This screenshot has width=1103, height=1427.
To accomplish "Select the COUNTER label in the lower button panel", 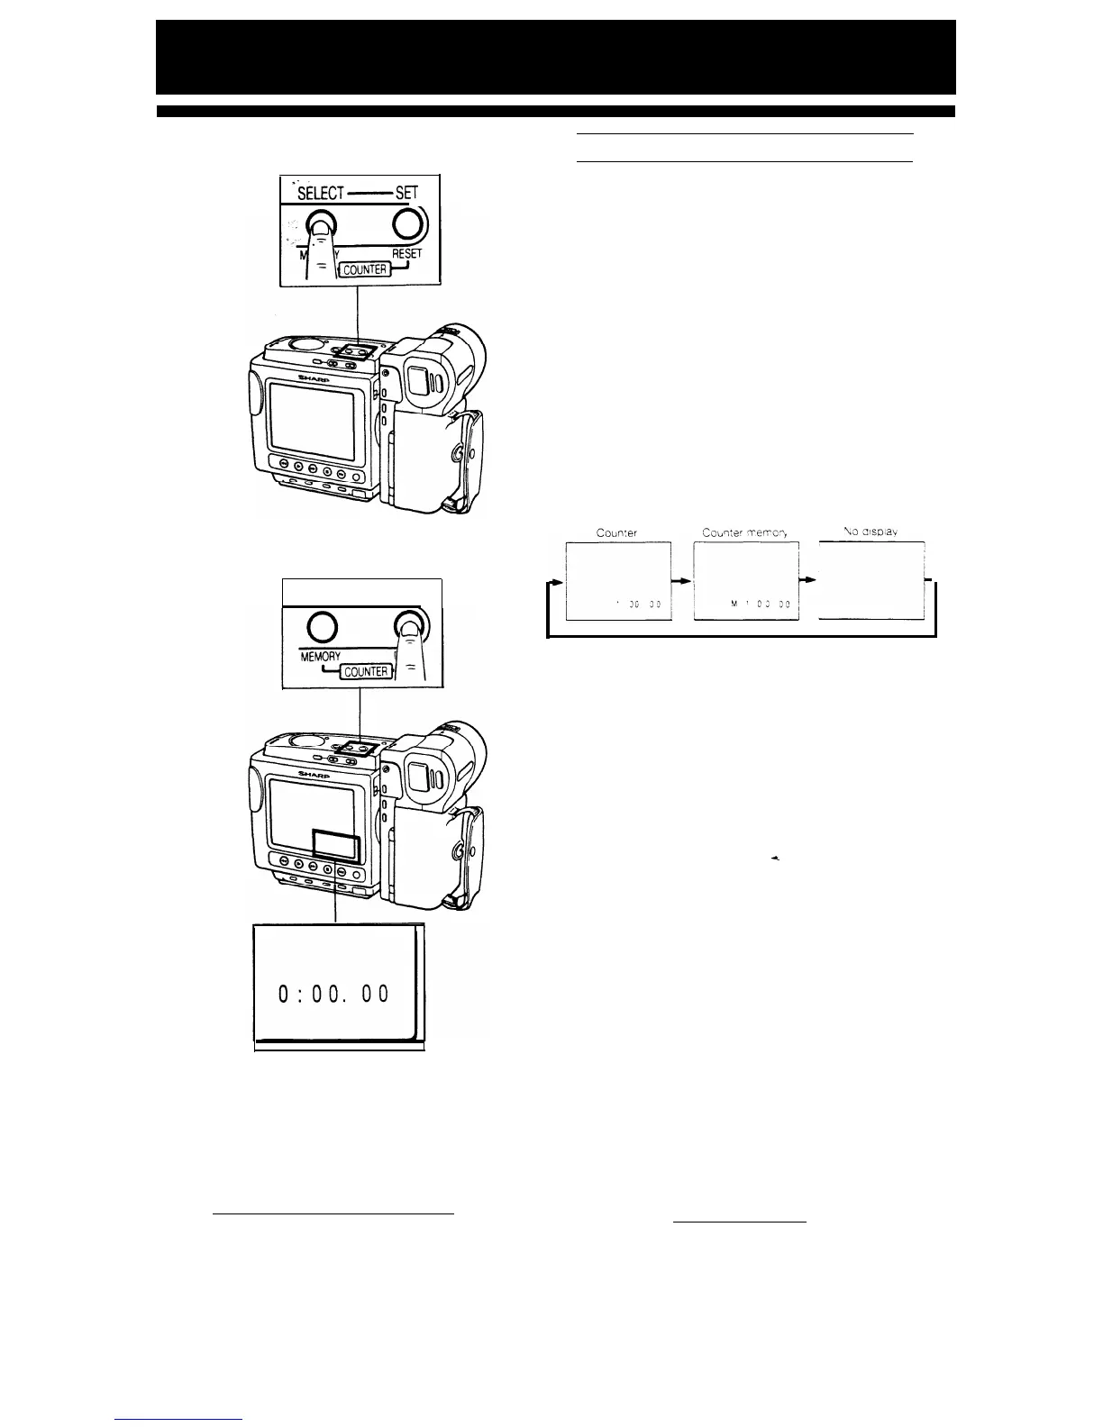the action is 365,671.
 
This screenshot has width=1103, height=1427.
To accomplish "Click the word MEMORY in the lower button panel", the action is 314,658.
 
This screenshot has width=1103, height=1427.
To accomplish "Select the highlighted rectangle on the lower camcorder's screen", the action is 335,847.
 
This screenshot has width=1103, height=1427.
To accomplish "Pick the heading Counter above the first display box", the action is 616,532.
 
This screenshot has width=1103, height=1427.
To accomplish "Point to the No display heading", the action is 870,532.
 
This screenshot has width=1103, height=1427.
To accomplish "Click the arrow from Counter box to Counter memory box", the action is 683,581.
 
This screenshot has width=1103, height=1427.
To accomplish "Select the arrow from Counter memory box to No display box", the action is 808,581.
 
